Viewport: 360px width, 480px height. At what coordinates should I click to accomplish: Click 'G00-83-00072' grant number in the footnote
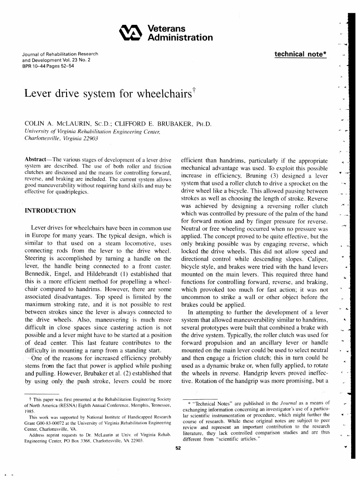point(48,422)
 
